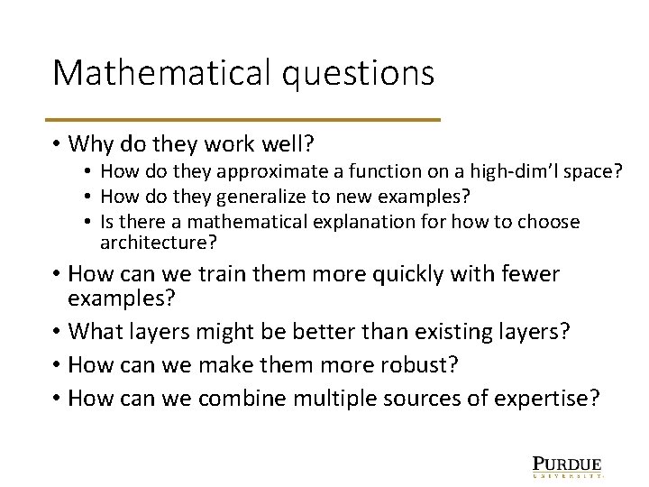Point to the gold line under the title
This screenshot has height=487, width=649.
246,120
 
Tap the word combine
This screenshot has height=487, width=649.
241,399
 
